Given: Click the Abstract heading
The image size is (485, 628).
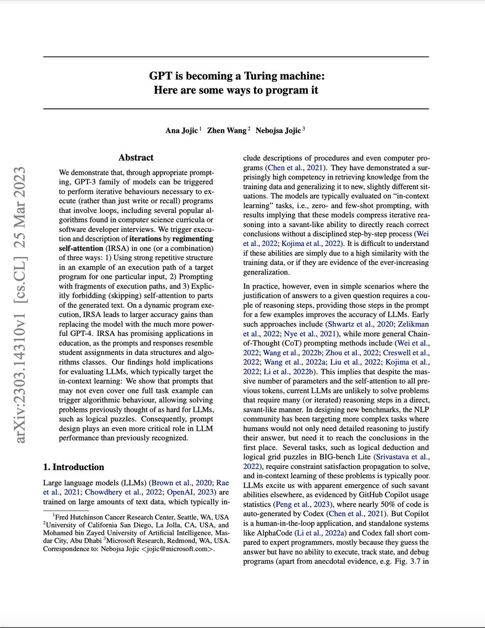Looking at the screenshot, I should [x=136, y=158].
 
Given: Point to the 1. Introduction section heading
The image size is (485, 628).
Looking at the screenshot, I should [x=74, y=467].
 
